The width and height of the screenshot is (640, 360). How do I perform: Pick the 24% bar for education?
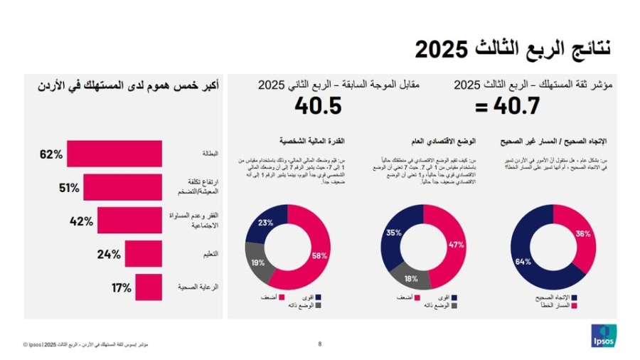[143, 253]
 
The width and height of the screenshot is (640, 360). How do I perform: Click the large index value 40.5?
[318, 106]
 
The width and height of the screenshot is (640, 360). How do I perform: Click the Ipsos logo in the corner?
[604, 335]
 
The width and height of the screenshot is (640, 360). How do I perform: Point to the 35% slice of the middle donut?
[393, 232]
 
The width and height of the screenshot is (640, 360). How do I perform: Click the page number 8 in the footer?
[320, 344]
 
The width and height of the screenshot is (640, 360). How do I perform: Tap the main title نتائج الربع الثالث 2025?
[513, 49]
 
